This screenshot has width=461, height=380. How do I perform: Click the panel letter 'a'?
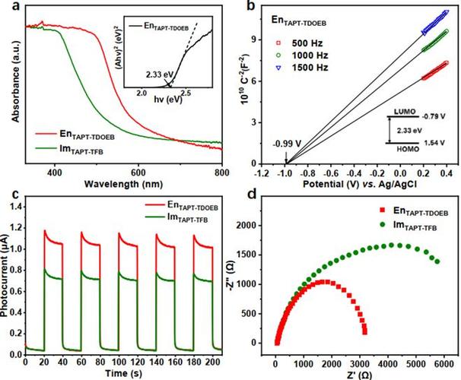click(x=17, y=6)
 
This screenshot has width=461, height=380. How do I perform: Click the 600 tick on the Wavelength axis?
click(x=138, y=173)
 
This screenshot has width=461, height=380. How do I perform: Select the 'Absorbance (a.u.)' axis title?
click(x=15, y=81)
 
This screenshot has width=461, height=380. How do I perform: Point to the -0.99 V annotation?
click(x=287, y=144)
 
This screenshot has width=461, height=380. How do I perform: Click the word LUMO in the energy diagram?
click(x=405, y=112)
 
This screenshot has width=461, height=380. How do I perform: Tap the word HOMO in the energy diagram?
click(x=408, y=149)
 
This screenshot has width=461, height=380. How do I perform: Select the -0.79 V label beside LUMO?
click(x=434, y=116)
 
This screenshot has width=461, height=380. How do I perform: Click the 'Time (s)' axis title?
click(x=123, y=373)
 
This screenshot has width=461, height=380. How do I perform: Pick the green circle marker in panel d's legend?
click(x=383, y=224)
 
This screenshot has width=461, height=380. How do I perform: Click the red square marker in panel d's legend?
click(x=383, y=210)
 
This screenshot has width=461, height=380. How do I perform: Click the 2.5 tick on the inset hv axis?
click(x=185, y=93)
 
